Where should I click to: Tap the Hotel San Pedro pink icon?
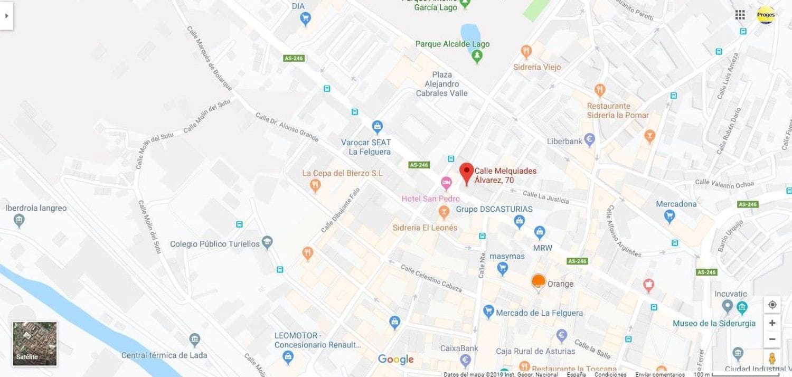pyautogui.click(x=446, y=184)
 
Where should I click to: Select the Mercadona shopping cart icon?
pyautogui.click(x=670, y=215)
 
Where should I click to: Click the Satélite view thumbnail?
pyautogui.click(x=35, y=344)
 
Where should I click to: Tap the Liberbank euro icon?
pyautogui.click(x=590, y=140)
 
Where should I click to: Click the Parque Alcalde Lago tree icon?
pyautogui.click(x=477, y=56)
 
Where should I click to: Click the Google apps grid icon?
pyautogui.click(x=740, y=15)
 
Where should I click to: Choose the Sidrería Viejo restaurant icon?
pyautogui.click(x=525, y=52)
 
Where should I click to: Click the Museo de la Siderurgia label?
pyautogui.click(x=714, y=323)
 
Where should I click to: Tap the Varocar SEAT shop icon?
pyautogui.click(x=377, y=127)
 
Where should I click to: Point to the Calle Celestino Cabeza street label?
pyautogui.click(x=431, y=278)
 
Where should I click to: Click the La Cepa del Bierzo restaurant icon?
pyautogui.click(x=315, y=185)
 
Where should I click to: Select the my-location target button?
pyautogui.click(x=772, y=305)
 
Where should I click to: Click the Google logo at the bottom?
pyautogui.click(x=395, y=360)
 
